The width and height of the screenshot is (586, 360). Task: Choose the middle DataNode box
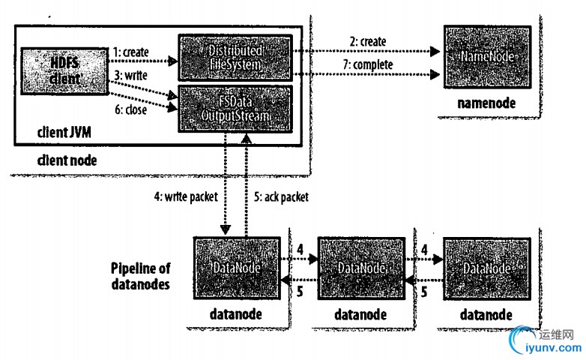click(357, 268)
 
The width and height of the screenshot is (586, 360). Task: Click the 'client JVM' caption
click(66, 133)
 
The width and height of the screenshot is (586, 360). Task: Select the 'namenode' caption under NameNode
click(486, 101)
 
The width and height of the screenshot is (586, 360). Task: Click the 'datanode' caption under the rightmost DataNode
click(486, 313)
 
